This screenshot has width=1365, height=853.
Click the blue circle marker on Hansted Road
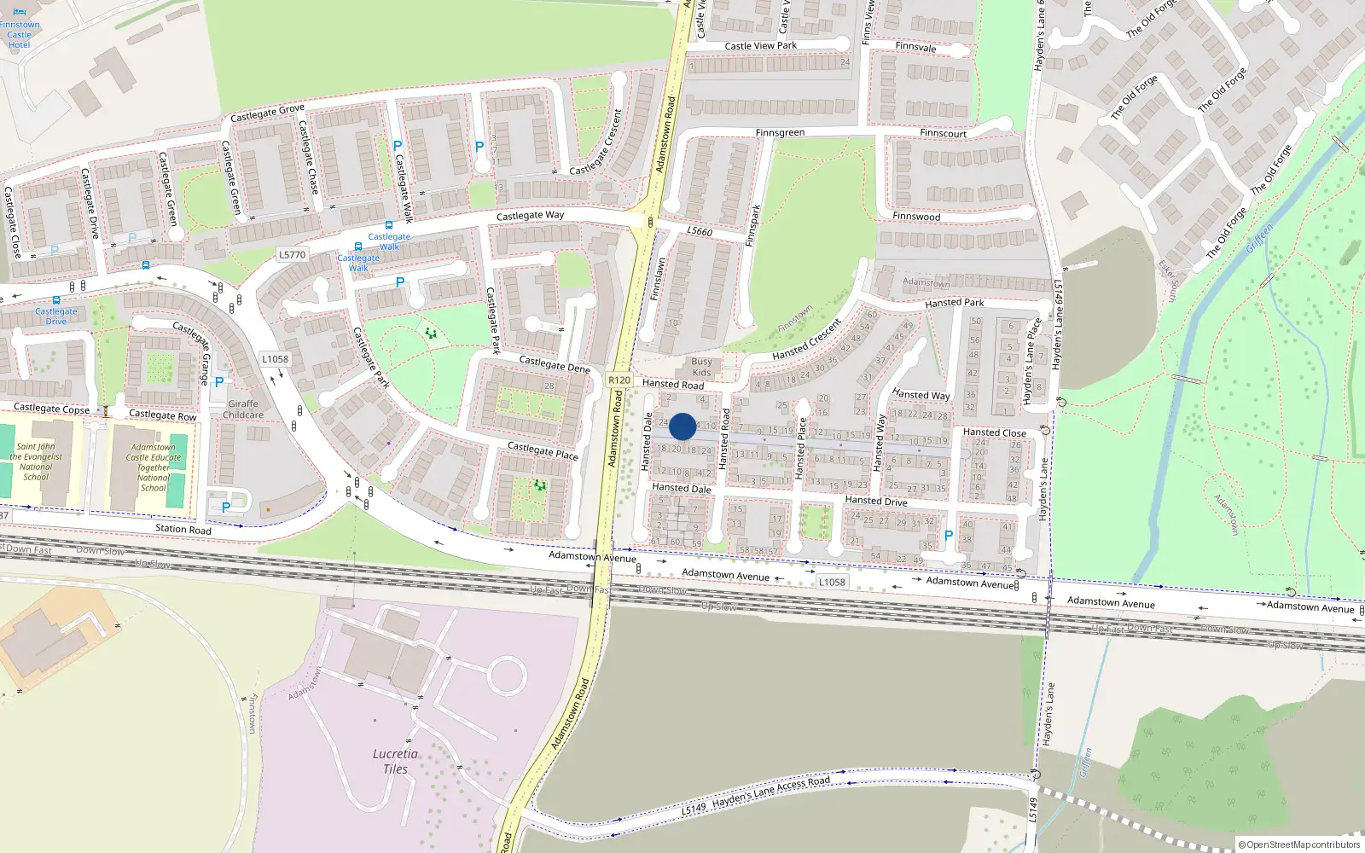(682, 426)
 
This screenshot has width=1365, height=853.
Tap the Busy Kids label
(701, 367)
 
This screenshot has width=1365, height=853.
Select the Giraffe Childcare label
(243, 409)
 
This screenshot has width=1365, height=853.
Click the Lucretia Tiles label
(395, 761)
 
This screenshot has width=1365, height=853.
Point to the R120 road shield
(619, 380)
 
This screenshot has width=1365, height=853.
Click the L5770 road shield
(292, 254)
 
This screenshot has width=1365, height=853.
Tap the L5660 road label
(700, 231)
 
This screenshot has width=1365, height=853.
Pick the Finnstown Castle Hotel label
(19, 35)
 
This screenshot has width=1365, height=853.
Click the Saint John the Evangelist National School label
(36, 461)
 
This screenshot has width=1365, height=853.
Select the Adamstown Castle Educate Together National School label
(154, 467)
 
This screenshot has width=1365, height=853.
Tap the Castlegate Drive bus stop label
(55, 316)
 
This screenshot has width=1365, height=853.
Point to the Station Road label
(183, 529)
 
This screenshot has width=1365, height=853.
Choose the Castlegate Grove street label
(267, 113)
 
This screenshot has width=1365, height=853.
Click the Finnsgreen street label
(780, 133)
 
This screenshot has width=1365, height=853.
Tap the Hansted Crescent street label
(807, 339)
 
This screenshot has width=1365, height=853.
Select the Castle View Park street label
(760, 46)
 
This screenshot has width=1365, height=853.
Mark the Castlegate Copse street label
(51, 409)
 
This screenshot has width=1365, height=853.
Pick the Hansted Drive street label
(875, 501)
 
